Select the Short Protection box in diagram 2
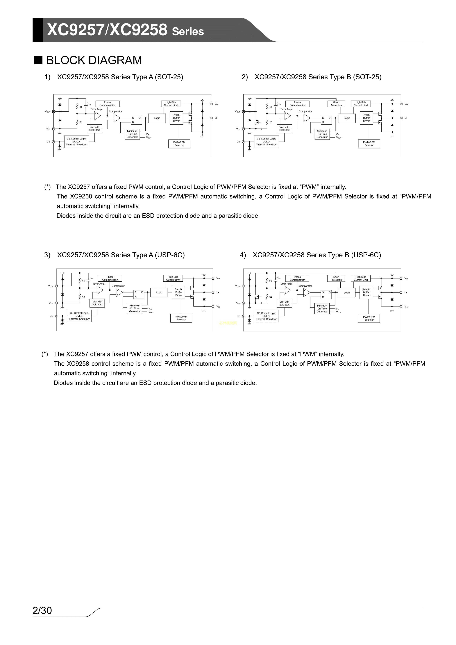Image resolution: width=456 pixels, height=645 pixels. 336,104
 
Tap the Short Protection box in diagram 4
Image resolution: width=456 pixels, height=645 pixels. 336,278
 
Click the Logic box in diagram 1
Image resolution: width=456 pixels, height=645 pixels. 157,118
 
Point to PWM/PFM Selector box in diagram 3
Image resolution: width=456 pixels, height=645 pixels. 181,318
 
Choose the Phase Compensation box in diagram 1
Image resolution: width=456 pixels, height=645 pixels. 107,104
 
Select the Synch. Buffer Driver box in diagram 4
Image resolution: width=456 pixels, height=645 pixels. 366,292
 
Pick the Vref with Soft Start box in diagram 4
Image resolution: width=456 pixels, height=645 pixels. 284,303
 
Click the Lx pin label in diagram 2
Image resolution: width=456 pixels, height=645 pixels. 406,118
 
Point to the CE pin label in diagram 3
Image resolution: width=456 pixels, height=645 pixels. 51,316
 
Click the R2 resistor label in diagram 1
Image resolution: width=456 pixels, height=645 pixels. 80,122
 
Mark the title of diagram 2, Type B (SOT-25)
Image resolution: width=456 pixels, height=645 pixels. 318,77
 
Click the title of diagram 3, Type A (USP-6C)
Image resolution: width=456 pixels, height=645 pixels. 121,255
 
